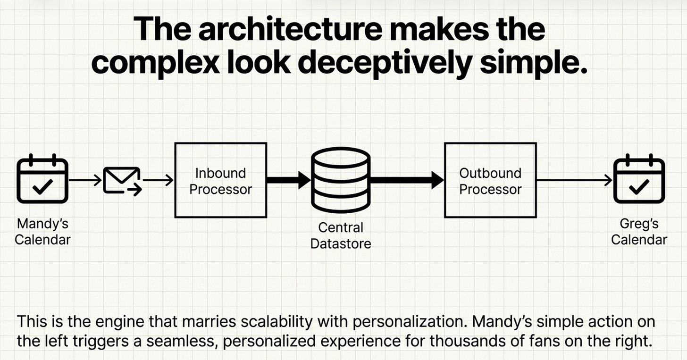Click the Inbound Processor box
tap(220, 180)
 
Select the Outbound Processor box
tap(490, 180)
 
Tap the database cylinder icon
tap(340, 180)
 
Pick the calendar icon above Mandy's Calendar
tap(42, 180)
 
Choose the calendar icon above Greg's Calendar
tap(639, 180)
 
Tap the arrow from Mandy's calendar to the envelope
tap(85, 180)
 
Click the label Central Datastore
tap(341, 235)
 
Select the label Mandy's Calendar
tap(42, 231)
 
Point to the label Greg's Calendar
tap(639, 231)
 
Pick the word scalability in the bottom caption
tap(268, 323)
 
